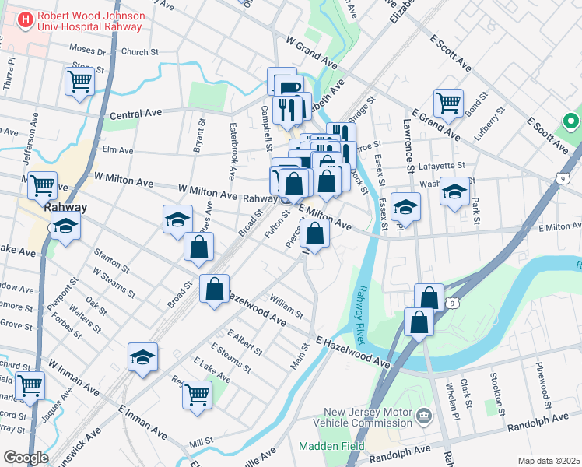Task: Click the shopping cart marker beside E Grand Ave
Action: [x=448, y=103]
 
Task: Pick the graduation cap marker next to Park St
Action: [x=454, y=192]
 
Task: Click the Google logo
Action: [x=25, y=457]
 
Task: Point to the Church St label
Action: [x=140, y=52]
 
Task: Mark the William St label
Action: [x=286, y=305]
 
